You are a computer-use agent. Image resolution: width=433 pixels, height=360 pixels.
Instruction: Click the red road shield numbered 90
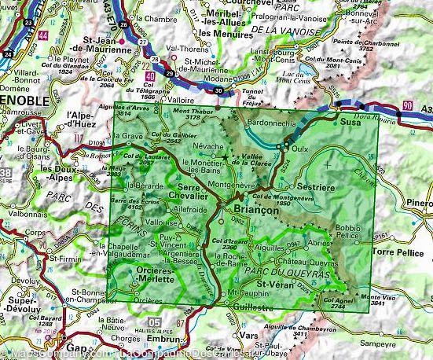pos(406,105)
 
